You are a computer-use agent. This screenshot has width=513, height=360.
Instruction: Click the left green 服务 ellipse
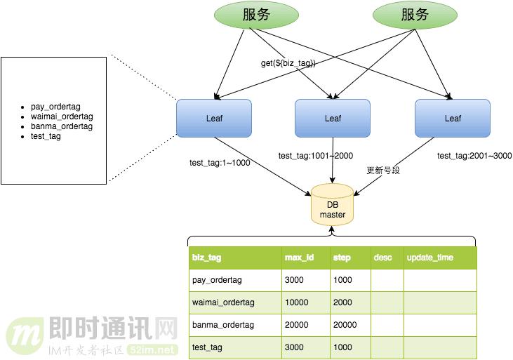click(x=256, y=15)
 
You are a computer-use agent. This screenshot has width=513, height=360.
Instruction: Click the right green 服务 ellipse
click(x=415, y=15)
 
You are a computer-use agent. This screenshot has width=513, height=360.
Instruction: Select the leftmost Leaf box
click(x=214, y=118)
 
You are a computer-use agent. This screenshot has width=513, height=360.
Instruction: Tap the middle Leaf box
click(x=333, y=118)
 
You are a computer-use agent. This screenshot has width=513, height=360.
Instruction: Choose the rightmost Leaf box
click(x=453, y=118)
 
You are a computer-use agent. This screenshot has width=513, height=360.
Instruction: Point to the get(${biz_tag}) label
click(x=288, y=63)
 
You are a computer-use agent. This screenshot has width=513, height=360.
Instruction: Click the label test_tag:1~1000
click(x=220, y=163)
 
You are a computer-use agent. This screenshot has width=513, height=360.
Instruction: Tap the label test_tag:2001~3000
click(x=474, y=156)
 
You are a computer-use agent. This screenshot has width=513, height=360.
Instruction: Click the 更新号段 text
click(x=383, y=171)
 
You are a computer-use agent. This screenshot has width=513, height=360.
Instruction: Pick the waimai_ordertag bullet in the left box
click(x=62, y=116)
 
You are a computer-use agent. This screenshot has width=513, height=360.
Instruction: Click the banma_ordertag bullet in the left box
click(x=61, y=126)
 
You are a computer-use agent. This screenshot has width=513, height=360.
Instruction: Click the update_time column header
click(x=429, y=258)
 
